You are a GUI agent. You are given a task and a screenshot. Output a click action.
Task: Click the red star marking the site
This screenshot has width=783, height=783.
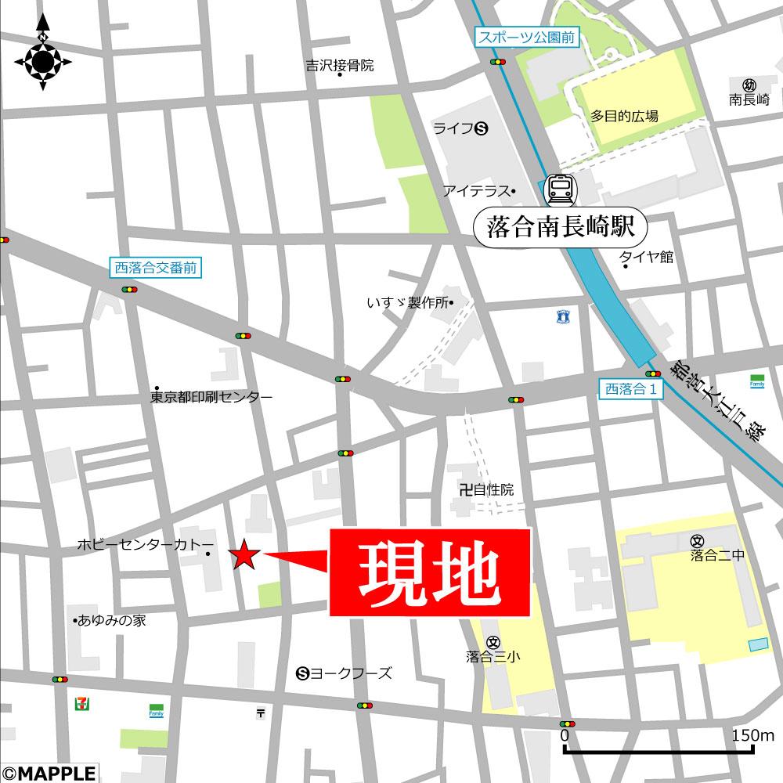tap(244, 556)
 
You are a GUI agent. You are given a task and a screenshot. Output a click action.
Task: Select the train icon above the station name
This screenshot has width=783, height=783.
tap(560, 189)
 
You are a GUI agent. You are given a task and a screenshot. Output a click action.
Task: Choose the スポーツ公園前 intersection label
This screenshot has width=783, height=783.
tap(527, 36)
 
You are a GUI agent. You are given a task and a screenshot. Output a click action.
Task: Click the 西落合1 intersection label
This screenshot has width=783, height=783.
tap(631, 387)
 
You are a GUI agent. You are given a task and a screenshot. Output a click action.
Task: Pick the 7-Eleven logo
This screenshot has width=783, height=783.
tap(80, 703)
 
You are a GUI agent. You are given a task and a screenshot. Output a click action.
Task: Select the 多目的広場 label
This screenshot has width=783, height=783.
tap(624, 116)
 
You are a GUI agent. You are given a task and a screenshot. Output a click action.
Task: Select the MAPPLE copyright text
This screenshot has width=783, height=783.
tap(49, 773)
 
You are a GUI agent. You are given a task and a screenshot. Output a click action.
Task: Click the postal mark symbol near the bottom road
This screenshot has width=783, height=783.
tap(260, 713)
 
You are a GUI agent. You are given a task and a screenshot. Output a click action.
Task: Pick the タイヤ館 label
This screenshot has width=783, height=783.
tap(646, 257)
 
